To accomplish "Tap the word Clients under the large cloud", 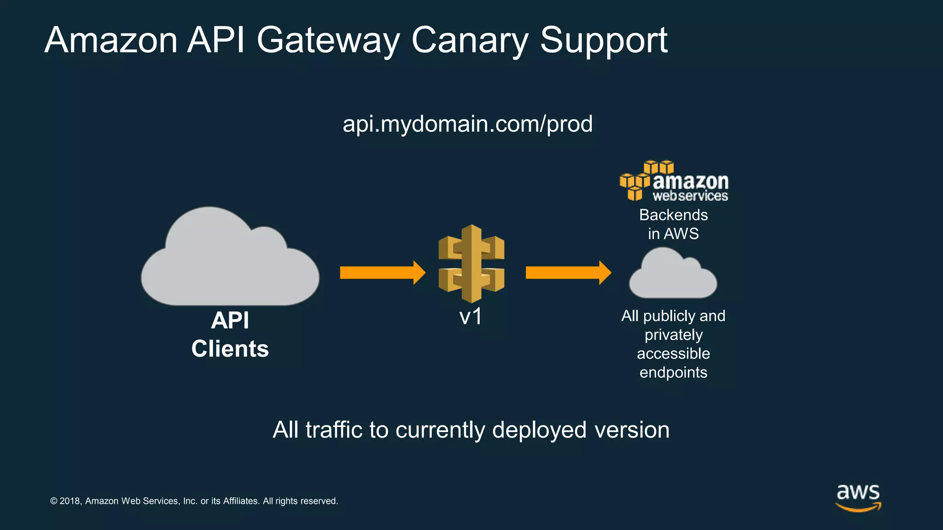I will pos(230,349).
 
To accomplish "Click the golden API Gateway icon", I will pos(471,263).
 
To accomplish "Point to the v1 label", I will pos(471,317).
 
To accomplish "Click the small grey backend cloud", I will pos(673,276).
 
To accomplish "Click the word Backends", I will pos(673,215).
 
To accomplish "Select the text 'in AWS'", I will pos(673,234).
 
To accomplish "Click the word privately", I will pos(673,335).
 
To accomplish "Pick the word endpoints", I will pos(673,372).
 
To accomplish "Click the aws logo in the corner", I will pos(858,497).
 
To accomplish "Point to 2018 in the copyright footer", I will pos(70,501).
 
